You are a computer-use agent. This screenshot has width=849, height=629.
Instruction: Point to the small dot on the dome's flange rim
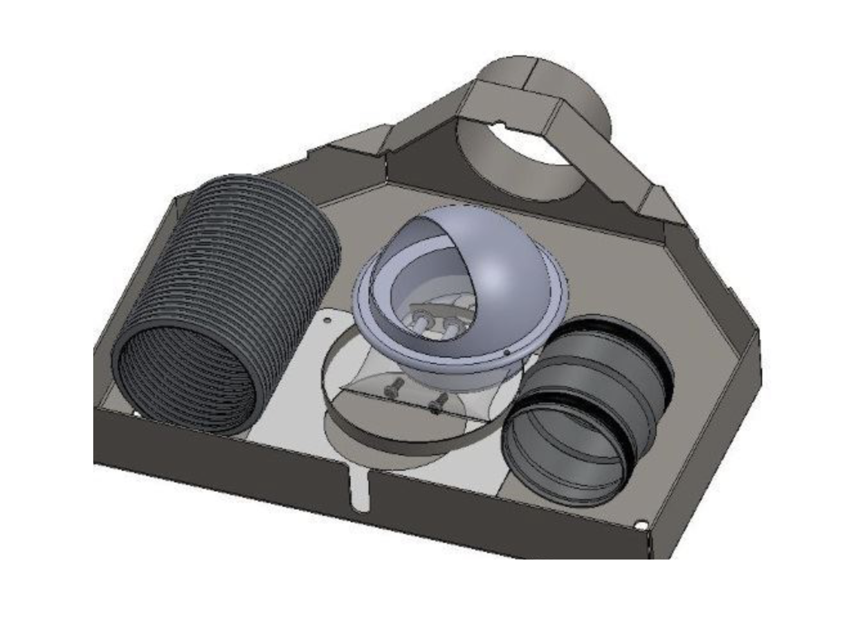point(507,352)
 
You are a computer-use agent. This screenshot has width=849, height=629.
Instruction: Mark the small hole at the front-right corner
point(640,526)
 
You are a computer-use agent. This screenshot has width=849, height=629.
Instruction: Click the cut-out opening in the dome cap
point(418,283)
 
